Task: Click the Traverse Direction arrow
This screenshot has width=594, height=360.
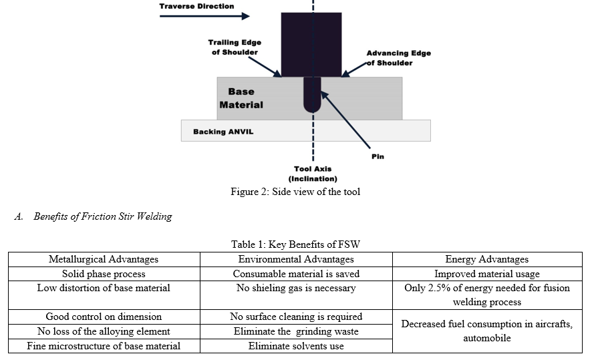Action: (204, 16)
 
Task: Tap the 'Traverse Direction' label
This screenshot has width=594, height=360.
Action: (196, 6)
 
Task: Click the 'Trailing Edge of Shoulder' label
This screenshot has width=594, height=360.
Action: (235, 47)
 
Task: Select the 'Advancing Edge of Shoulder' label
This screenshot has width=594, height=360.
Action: (398, 58)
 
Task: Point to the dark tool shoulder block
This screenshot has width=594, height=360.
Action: (311, 45)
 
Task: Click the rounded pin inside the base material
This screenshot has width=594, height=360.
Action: (313, 95)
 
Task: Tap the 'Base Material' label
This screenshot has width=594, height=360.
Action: (241, 98)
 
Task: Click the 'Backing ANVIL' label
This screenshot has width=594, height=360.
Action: (223, 132)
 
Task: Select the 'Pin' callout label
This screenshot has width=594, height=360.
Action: (378, 156)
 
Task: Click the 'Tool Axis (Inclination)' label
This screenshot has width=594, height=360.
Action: (313, 174)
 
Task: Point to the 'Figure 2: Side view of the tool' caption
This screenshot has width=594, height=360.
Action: (295, 192)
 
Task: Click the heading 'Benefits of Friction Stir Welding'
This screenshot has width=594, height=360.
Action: (103, 216)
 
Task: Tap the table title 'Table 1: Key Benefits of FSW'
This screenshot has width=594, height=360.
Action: (295, 244)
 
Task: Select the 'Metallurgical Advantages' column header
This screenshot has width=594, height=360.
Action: (104, 259)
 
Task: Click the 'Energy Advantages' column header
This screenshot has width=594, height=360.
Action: (487, 259)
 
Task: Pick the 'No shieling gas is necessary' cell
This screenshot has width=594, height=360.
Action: (296, 288)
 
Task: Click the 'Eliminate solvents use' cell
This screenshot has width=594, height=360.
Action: (296, 346)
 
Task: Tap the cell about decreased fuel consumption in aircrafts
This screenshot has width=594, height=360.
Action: (487, 331)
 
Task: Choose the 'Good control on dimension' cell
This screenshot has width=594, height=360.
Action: (104, 317)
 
